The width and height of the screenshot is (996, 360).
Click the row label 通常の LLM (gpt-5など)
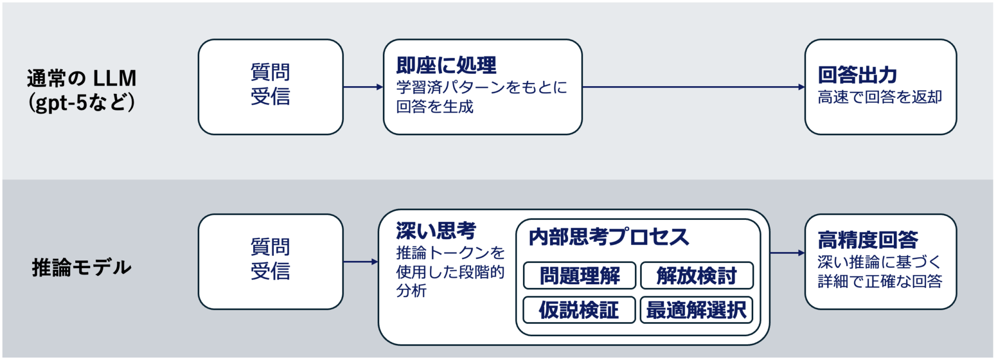[x=81, y=90]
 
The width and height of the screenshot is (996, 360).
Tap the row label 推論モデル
[x=81, y=267]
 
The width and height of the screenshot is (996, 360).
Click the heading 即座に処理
[x=446, y=65]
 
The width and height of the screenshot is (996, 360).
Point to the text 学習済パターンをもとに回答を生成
[x=481, y=96]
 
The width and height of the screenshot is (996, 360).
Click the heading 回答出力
[x=857, y=75]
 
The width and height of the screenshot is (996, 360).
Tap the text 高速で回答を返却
[x=880, y=97]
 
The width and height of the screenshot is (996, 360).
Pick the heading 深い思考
[x=436, y=231]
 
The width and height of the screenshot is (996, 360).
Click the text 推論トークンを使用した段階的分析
[x=449, y=271]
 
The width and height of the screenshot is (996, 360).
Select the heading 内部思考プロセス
[x=608, y=237]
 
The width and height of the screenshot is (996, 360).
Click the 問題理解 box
[x=579, y=275]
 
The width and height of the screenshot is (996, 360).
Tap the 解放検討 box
[x=697, y=275]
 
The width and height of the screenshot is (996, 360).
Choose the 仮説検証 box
[x=579, y=310]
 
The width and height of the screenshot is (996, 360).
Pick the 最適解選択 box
[x=696, y=310]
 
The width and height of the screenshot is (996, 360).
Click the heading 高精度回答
[x=868, y=240]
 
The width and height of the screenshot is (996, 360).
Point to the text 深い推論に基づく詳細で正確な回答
[x=880, y=271]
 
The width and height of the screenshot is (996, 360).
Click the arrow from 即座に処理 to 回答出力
[x=693, y=87]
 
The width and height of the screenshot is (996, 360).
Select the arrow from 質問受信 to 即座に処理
[x=363, y=87]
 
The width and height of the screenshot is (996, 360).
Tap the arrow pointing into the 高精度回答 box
[x=787, y=253]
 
